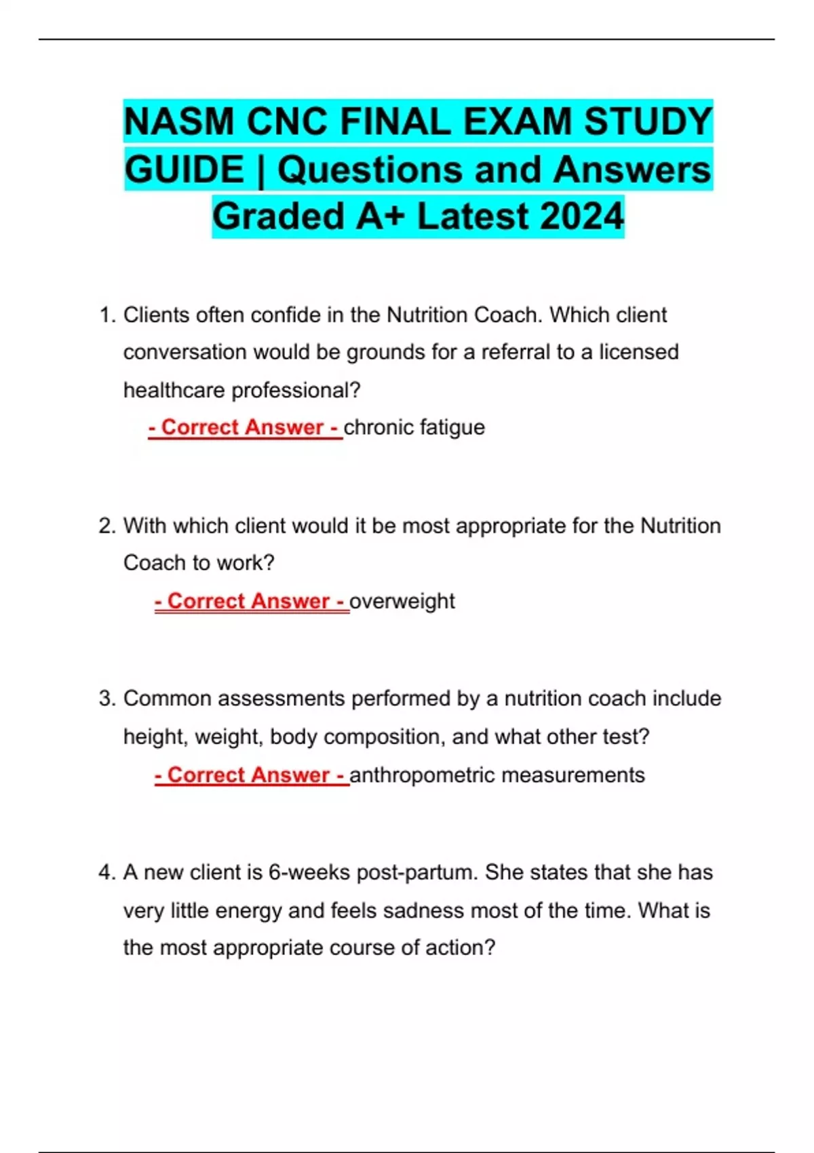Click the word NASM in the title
pyautogui.click(x=179, y=122)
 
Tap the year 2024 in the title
pyautogui.click(x=582, y=216)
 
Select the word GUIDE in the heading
pyautogui.click(x=185, y=170)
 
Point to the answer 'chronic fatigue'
pyautogui.click(x=414, y=427)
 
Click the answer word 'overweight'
pyautogui.click(x=402, y=601)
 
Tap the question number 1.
pyautogui.click(x=106, y=315)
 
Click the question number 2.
pyautogui.click(x=106, y=526)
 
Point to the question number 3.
pyautogui.click(x=106, y=699)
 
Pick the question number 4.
pyautogui.click(x=106, y=872)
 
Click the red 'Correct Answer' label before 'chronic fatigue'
pyautogui.click(x=245, y=427)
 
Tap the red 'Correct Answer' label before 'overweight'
pyautogui.click(x=251, y=601)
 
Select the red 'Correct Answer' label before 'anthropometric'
pyautogui.click(x=251, y=775)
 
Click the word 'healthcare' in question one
pyautogui.click(x=174, y=390)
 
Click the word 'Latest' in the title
pyautogui.click(x=473, y=216)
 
